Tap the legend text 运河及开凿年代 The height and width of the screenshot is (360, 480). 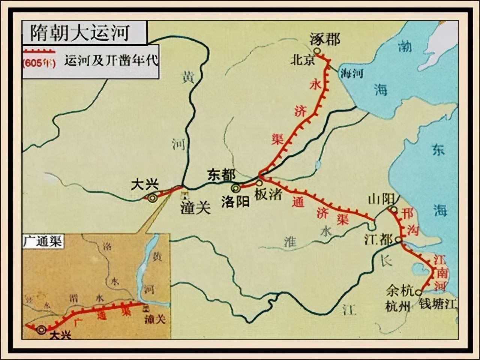[111, 60]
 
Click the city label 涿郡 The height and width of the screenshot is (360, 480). [325, 39]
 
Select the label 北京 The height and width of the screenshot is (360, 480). [302, 60]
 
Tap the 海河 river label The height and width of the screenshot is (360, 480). [351, 73]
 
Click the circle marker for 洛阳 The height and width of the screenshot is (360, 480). [236, 188]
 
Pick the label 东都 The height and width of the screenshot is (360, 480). [222, 175]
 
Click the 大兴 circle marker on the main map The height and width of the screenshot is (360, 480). [152, 199]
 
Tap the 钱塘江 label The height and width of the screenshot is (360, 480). [438, 303]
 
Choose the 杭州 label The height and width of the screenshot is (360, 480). [398, 306]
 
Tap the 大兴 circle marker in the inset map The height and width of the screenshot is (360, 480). [41, 330]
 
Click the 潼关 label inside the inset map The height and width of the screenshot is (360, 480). [155, 319]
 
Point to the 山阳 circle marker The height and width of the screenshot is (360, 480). [394, 210]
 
